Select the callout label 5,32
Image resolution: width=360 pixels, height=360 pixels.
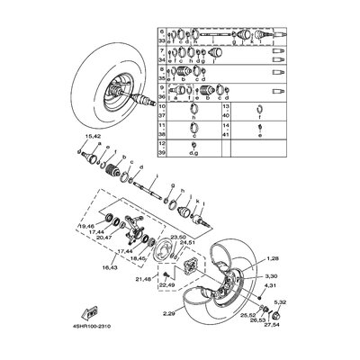point(283,301)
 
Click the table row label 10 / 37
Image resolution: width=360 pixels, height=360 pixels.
point(161,112)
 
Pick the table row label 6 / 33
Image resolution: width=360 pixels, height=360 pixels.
point(161,35)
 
